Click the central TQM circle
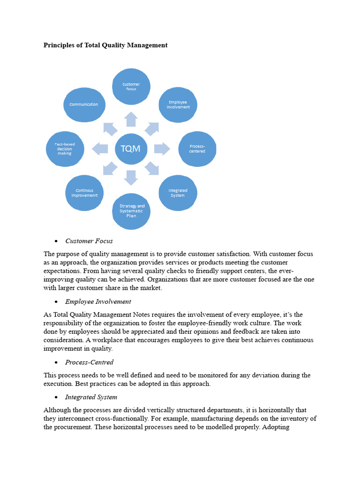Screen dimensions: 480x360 pos(131,149)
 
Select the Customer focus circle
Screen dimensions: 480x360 pos(131,87)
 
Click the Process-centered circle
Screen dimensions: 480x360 pos(197,149)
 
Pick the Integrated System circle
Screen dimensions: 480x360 pos(178,193)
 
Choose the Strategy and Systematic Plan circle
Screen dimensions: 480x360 pos(131,211)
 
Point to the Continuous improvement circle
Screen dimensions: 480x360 pos(84,193)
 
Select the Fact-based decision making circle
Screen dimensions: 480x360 pos(65,149)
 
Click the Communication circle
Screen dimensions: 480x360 pos(84,105)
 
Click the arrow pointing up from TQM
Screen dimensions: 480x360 pos(131,119)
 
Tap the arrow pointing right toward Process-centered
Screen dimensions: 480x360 pos(162,149)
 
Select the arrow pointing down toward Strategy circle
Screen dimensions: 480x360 pos(131,178)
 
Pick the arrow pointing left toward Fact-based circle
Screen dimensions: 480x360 pos(100,149)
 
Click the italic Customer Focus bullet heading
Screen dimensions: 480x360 pos(89,241)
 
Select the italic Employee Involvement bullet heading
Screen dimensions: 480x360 pos(98,301)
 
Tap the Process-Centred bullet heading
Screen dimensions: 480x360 pos(90,362)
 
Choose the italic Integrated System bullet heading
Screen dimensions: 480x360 pos(91,397)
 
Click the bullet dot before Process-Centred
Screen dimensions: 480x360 pos(56,363)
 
